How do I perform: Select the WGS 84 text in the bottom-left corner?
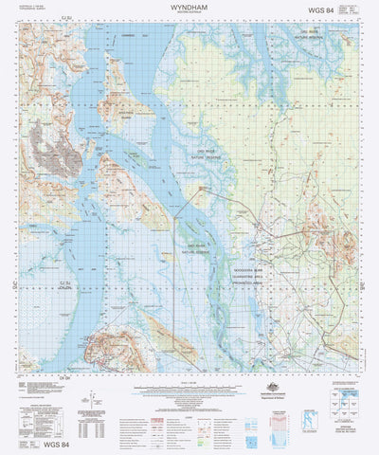[39, 444]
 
